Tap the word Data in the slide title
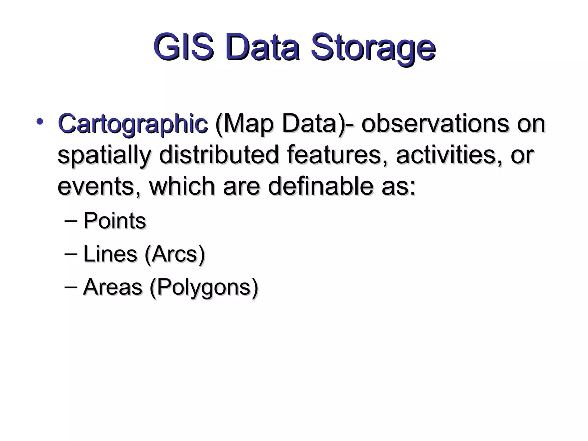[263, 47]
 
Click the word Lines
[110, 254]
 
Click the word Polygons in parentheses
[204, 287]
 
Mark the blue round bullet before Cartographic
[40, 122]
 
